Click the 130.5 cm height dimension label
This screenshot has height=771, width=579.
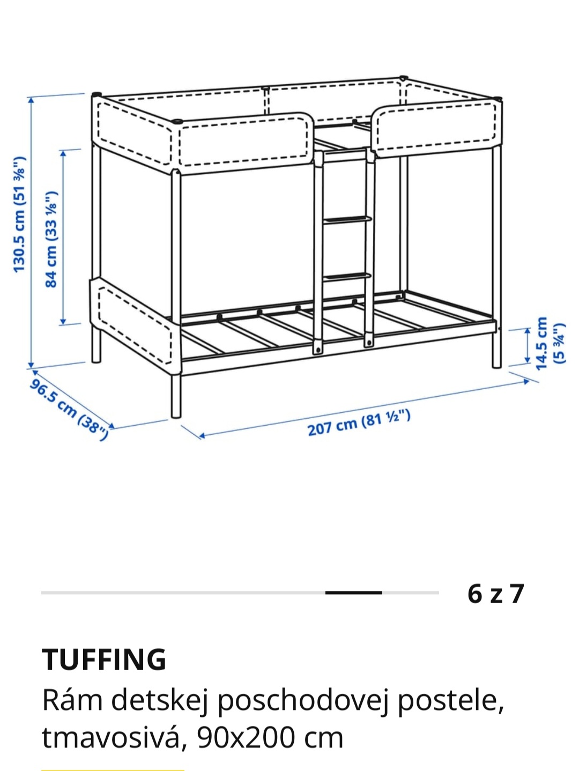(20, 214)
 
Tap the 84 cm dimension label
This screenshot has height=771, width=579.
(51, 239)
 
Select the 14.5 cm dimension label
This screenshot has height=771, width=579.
(550, 343)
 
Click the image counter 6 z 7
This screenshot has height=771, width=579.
(495, 594)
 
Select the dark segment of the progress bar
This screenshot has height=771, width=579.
(354, 593)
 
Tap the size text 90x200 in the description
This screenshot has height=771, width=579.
(246, 738)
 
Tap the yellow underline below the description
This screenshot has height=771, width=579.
(113, 769)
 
